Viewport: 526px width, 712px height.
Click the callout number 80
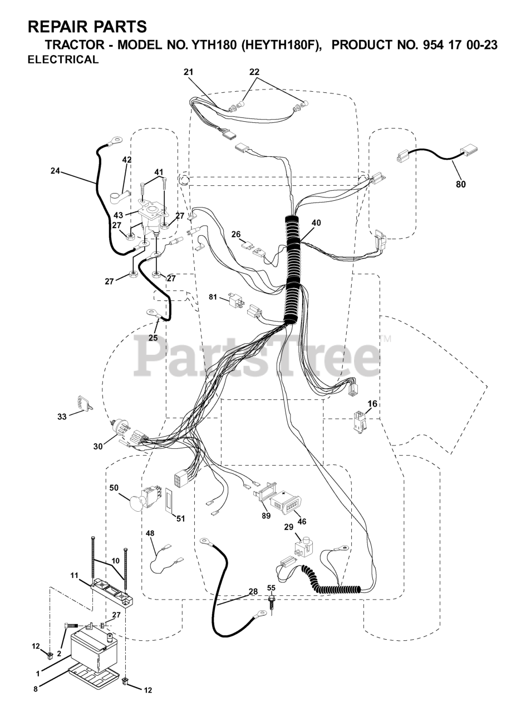[460, 184]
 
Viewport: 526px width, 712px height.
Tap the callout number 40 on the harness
[316, 223]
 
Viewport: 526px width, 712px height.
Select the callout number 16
[372, 404]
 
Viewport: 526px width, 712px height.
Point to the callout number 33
[62, 417]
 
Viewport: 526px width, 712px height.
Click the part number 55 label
[271, 587]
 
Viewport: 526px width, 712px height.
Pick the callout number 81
[213, 296]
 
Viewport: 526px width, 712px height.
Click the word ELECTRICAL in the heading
[63, 60]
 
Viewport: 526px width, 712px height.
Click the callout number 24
[55, 171]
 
